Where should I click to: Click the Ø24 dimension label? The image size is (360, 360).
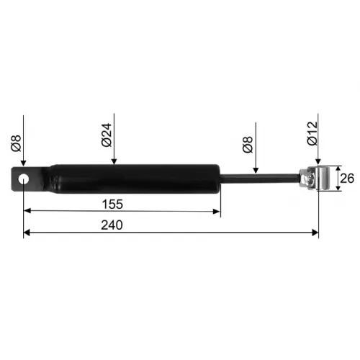pos(107,135)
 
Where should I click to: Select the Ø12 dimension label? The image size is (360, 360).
pos(312,133)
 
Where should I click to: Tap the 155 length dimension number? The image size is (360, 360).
pos(112,204)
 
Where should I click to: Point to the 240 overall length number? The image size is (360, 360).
pos(112,225)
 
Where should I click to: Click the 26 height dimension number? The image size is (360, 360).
pos(347,179)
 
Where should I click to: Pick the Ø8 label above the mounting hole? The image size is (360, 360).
pos(16,143)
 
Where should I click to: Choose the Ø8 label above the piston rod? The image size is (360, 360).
pos(248,145)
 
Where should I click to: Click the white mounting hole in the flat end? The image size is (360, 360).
pos(23,179)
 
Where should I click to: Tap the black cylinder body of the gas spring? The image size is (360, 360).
pos(135,179)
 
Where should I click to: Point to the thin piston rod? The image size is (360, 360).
pos(260,179)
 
